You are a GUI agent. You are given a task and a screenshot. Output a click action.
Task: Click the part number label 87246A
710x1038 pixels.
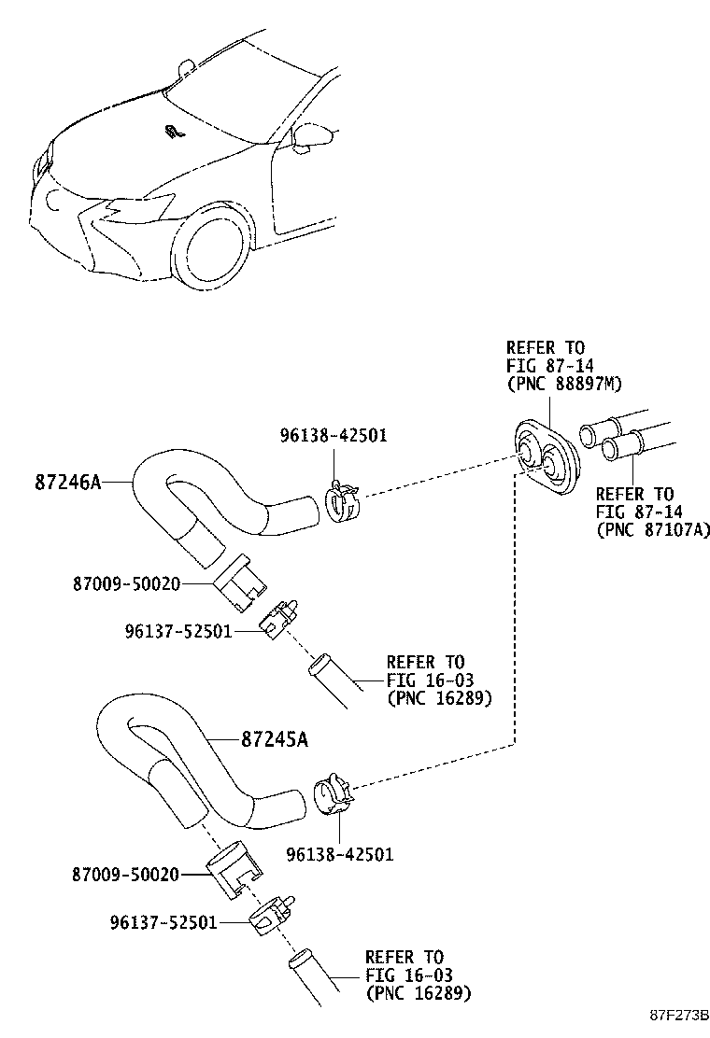click(x=67, y=482)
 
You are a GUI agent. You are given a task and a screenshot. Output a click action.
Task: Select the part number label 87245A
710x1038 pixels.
click(x=274, y=738)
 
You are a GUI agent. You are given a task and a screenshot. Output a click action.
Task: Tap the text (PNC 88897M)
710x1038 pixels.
click(x=564, y=384)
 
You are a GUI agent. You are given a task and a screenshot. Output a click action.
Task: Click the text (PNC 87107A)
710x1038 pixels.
click(x=653, y=529)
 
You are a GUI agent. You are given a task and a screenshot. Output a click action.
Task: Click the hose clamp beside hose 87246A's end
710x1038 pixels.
click(x=343, y=502)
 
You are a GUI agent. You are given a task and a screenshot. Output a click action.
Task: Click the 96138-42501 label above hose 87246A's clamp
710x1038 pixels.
click(x=334, y=435)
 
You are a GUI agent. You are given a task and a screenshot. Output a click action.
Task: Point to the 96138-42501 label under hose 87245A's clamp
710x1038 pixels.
click(x=339, y=852)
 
